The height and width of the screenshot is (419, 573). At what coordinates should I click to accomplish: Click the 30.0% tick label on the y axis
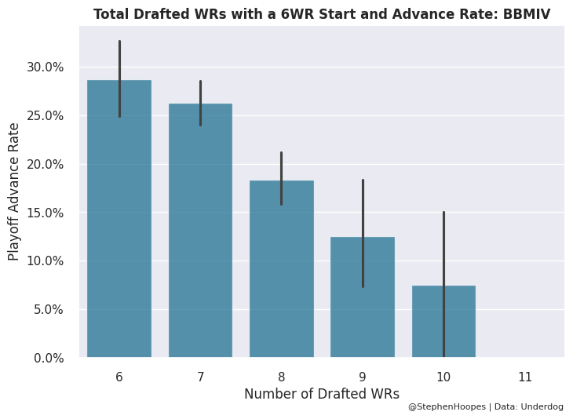[x=45, y=67]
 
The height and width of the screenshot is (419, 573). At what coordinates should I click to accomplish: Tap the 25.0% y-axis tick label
[x=45, y=116]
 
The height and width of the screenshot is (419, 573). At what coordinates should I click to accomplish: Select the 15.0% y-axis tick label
[x=45, y=213]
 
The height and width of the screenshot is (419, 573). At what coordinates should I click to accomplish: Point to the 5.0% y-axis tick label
[x=48, y=310]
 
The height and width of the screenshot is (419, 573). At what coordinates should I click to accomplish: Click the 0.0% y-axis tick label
[x=48, y=358]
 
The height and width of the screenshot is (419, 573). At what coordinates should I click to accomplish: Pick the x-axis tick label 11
[x=525, y=377]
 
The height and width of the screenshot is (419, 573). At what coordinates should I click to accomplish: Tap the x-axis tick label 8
[x=281, y=377]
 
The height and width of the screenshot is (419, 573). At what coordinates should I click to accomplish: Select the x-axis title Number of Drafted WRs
[x=322, y=394]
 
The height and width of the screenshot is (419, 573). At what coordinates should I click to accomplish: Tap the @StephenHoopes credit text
[x=443, y=407]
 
